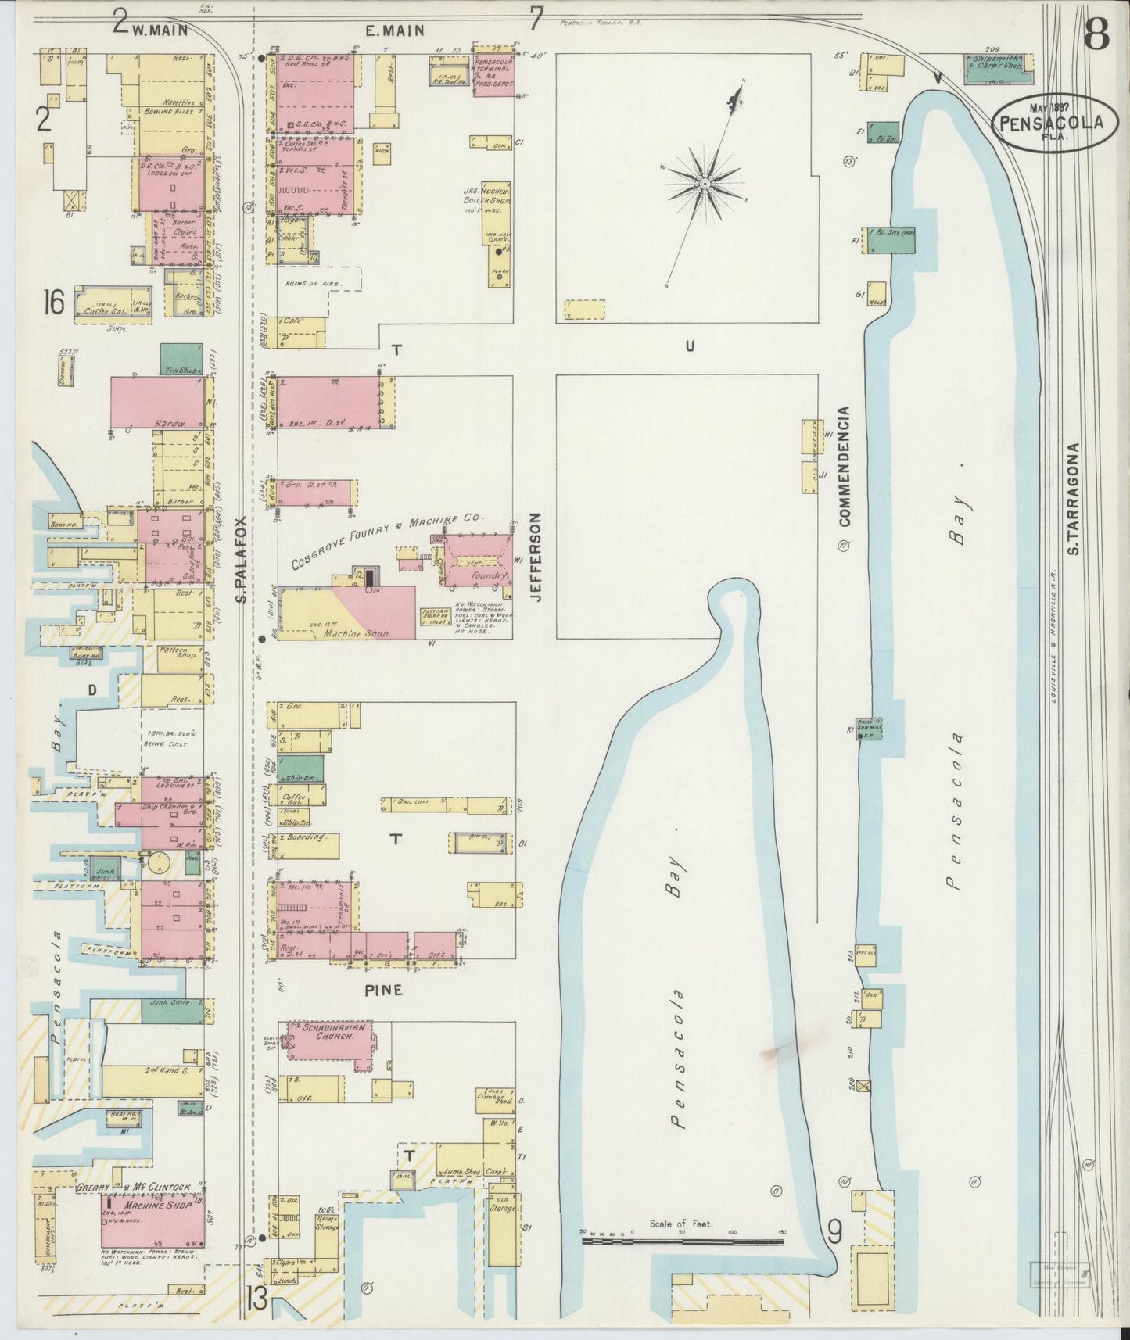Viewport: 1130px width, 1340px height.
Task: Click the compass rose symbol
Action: tap(704, 183)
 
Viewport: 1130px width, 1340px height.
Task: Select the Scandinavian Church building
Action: tap(328, 1040)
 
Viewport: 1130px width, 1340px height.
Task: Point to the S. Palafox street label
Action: tap(242, 559)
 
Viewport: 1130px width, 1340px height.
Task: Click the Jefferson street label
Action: tap(536, 557)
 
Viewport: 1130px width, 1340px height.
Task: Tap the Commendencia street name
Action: tap(844, 465)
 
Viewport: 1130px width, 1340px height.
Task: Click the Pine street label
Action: tap(383, 990)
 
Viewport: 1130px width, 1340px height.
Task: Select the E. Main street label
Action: tap(395, 30)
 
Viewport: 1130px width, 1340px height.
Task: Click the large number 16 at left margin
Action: tap(54, 302)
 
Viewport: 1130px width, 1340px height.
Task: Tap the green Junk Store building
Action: tap(172, 1011)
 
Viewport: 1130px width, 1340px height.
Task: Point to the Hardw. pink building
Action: tap(157, 402)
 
